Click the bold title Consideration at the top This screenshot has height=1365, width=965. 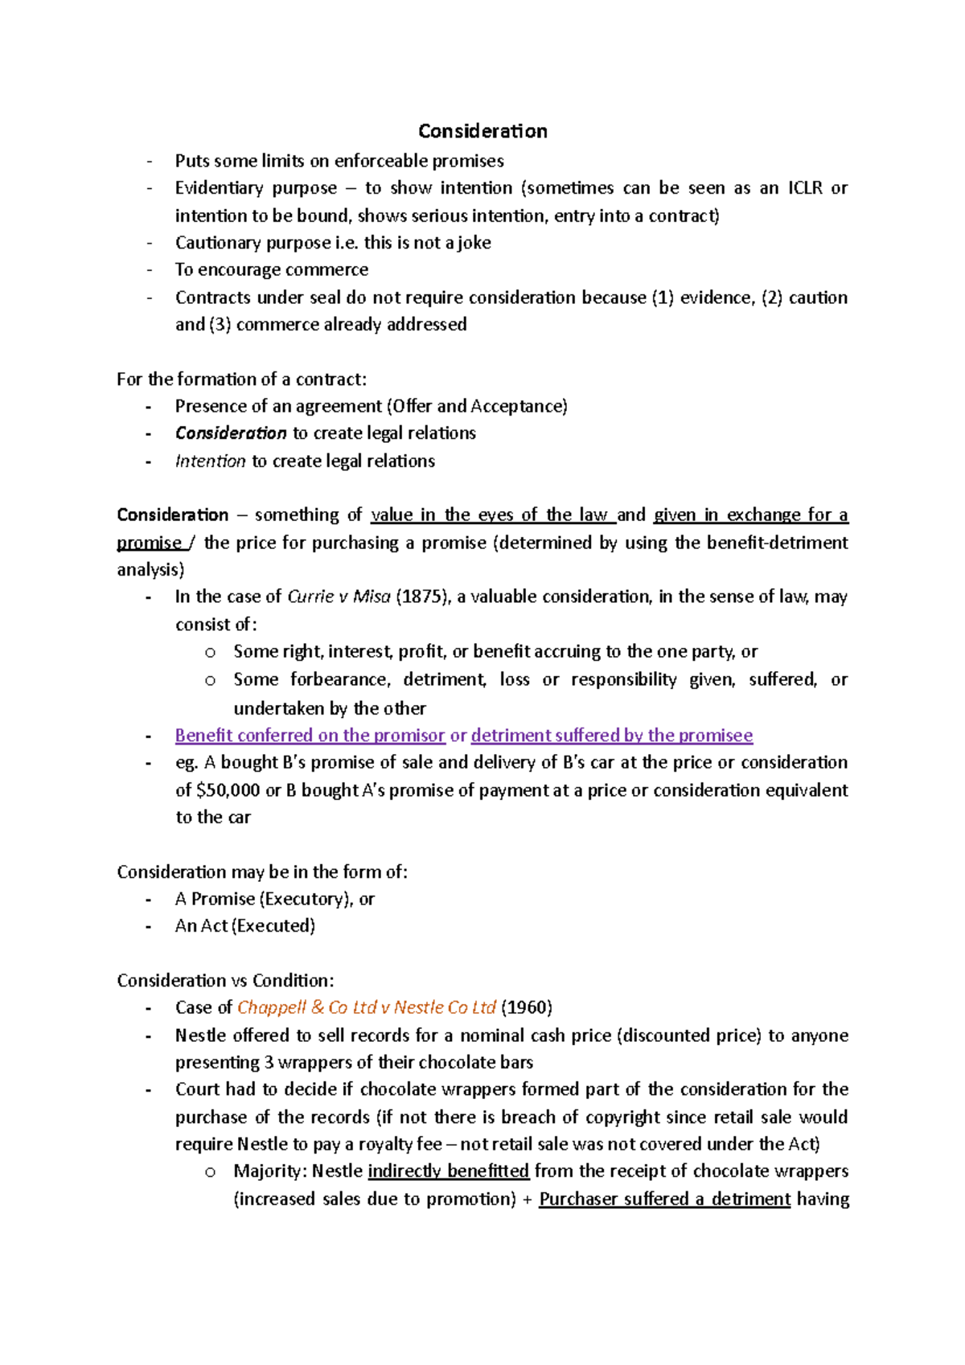coord(482,131)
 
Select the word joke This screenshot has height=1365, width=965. coord(474,243)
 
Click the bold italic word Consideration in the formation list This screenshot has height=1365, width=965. coord(231,433)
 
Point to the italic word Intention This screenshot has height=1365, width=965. coord(210,461)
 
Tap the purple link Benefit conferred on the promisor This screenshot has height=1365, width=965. coord(310,736)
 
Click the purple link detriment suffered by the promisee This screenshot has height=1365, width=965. coord(611,736)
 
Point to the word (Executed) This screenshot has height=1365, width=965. coord(273,926)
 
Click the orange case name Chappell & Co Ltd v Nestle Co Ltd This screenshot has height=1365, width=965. coord(367,1008)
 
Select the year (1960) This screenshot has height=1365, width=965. coord(526,1008)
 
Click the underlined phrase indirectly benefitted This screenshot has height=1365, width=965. coord(448,1171)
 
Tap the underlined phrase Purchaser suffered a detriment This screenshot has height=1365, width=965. coord(664,1199)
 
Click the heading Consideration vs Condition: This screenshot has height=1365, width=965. coord(225,981)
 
